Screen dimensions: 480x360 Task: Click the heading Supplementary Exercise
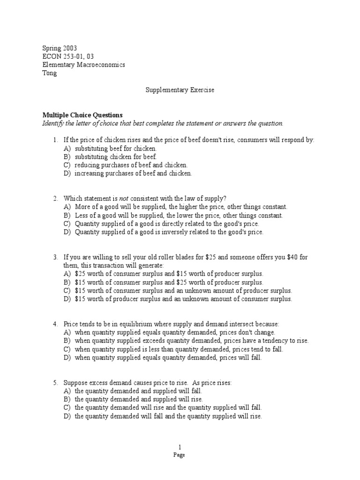pyautogui.click(x=180, y=90)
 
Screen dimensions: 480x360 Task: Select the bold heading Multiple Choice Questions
pyautogui.click(x=82, y=115)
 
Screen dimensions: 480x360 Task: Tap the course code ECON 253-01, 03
pyautogui.click(x=68, y=56)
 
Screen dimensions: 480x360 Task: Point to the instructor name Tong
pyautogui.click(x=49, y=73)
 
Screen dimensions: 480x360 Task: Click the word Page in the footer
pyautogui.click(x=180, y=455)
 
